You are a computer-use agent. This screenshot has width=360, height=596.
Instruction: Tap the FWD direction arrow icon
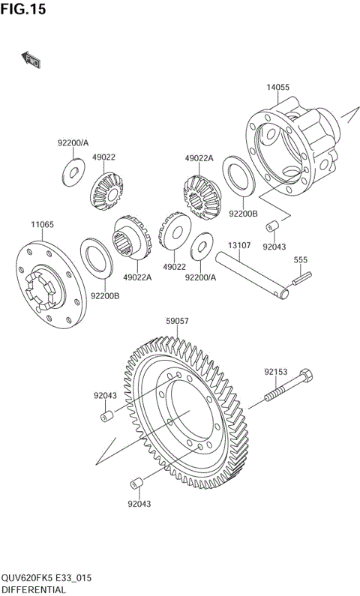coord(31,60)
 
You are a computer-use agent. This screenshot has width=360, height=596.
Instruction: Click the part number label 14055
coord(277,87)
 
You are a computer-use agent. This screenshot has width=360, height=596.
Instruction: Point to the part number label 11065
coord(41,225)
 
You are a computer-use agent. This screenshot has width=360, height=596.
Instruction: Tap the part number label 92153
coord(276,370)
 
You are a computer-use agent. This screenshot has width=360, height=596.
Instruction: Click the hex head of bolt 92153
coord(306,376)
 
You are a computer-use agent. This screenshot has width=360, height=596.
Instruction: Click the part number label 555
coord(301,260)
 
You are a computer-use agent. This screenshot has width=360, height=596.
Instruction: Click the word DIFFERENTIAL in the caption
coord(34,590)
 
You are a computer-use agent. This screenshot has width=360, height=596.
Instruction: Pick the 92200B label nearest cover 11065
coord(105,295)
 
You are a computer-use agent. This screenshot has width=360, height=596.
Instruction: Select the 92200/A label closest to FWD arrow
coord(73,142)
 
